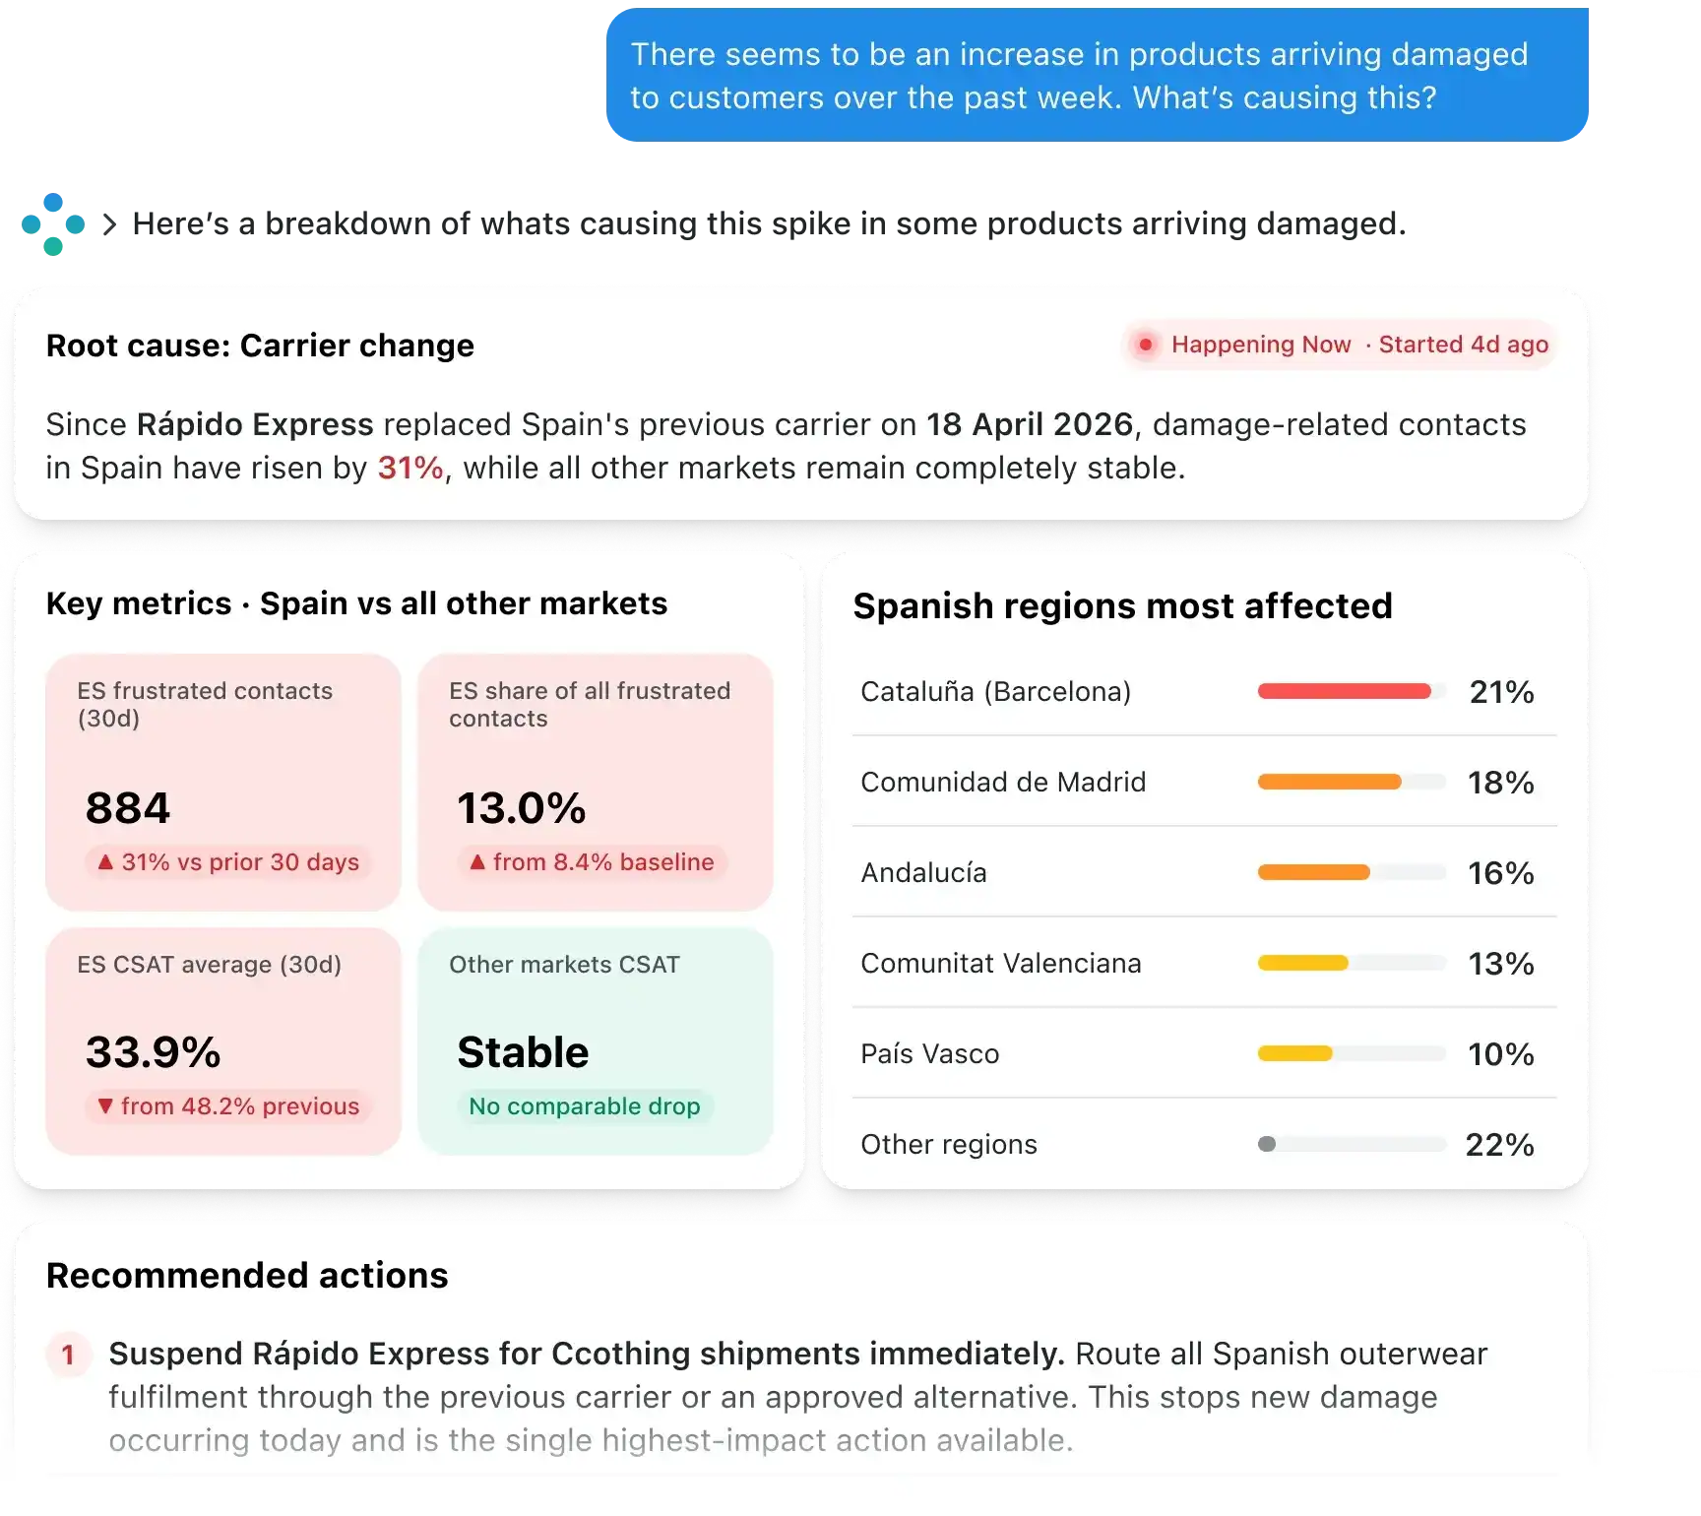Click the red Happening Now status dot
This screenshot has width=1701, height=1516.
pyautogui.click(x=1145, y=345)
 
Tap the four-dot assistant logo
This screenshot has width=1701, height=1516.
pyautogui.click(x=53, y=224)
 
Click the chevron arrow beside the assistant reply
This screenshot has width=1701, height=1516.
pyautogui.click(x=109, y=224)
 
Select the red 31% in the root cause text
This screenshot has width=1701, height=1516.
pyautogui.click(x=410, y=468)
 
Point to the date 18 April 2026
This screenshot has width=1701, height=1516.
pyautogui.click(x=1030, y=424)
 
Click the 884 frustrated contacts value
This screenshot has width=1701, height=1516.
pyautogui.click(x=128, y=808)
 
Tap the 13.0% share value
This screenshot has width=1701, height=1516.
pyautogui.click(x=522, y=808)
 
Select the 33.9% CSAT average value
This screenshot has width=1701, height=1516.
pyautogui.click(x=154, y=1052)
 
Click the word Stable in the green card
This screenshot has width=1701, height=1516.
pyautogui.click(x=524, y=1052)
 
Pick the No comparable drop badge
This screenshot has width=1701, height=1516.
pyautogui.click(x=585, y=1106)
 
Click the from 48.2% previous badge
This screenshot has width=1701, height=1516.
pyautogui.click(x=228, y=1106)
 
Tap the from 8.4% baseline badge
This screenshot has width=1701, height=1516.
pyautogui.click(x=592, y=862)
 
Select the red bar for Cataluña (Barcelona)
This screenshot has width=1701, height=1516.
pyautogui.click(x=1345, y=691)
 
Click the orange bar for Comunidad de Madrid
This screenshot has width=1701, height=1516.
pyautogui.click(x=1330, y=782)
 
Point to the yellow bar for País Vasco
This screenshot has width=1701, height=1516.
pyautogui.click(x=1295, y=1053)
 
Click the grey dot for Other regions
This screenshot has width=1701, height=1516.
pyautogui.click(x=1267, y=1144)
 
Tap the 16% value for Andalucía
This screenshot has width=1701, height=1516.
pyautogui.click(x=1501, y=873)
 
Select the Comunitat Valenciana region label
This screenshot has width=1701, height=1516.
pyautogui.click(x=1001, y=963)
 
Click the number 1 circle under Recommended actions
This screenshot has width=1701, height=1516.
pyautogui.click(x=68, y=1355)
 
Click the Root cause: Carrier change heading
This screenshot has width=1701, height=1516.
pyautogui.click(x=260, y=346)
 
